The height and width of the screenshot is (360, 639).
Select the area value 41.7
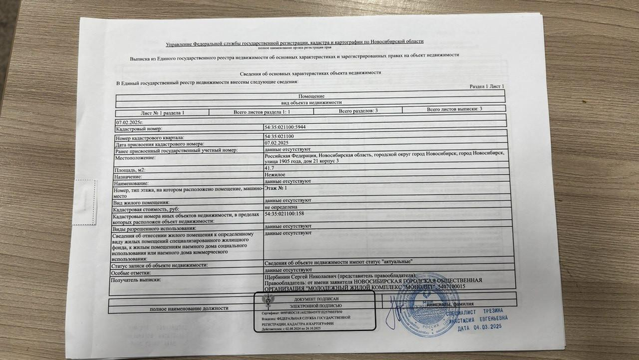270,169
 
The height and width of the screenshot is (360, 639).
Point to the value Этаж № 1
276,188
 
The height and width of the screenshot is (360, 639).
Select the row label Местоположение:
135,157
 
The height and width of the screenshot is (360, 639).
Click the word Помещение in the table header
311,96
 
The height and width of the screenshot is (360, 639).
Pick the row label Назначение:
129,177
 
